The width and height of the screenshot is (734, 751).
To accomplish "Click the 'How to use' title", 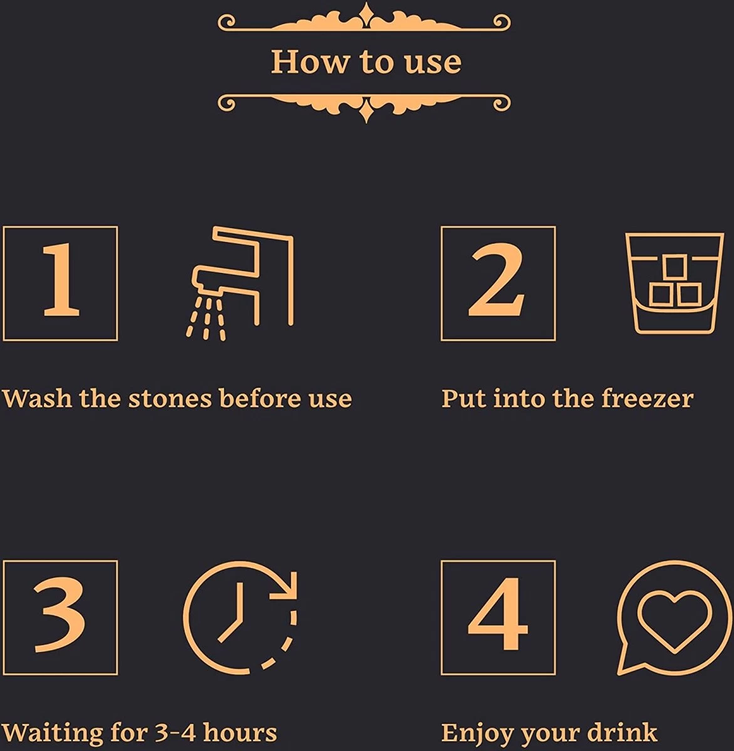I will [x=366, y=61].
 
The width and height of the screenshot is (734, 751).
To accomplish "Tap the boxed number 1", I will [x=60, y=284].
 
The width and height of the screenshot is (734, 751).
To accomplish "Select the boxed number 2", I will [x=498, y=284].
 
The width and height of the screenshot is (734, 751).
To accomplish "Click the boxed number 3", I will [x=60, y=617].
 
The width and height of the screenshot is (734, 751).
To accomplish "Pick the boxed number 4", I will [x=498, y=617].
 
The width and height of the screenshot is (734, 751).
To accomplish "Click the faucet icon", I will [x=244, y=275].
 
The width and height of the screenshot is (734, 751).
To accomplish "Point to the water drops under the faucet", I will [x=206, y=319].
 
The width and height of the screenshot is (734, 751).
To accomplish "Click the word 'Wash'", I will [x=37, y=399].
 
